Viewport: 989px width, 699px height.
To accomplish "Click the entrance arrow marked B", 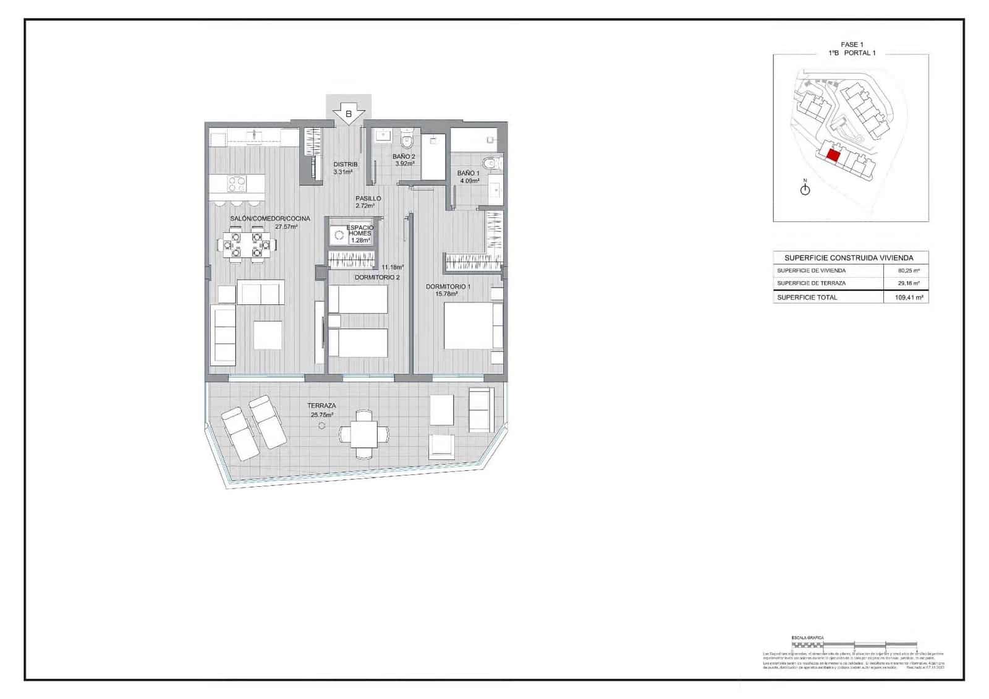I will pos(349,114).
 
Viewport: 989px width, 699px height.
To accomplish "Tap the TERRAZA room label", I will pos(321,406).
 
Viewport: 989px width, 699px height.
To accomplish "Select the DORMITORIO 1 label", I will pos(448,286).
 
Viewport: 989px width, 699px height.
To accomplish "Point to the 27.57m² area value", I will pos(287,227).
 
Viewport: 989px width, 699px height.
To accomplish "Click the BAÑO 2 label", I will pos(404,157).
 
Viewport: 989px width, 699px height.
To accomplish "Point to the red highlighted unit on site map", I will pos(833,155).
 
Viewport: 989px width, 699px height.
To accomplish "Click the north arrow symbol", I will pos(805,189).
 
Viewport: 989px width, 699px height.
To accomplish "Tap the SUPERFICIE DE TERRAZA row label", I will pos(811,283).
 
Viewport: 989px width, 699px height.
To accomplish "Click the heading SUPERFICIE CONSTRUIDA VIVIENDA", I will pos(848,258).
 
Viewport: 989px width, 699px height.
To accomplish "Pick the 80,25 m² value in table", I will pos(909,271).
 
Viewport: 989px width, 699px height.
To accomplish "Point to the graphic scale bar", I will pos(853,644).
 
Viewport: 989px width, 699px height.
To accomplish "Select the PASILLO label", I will pos(368,199).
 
